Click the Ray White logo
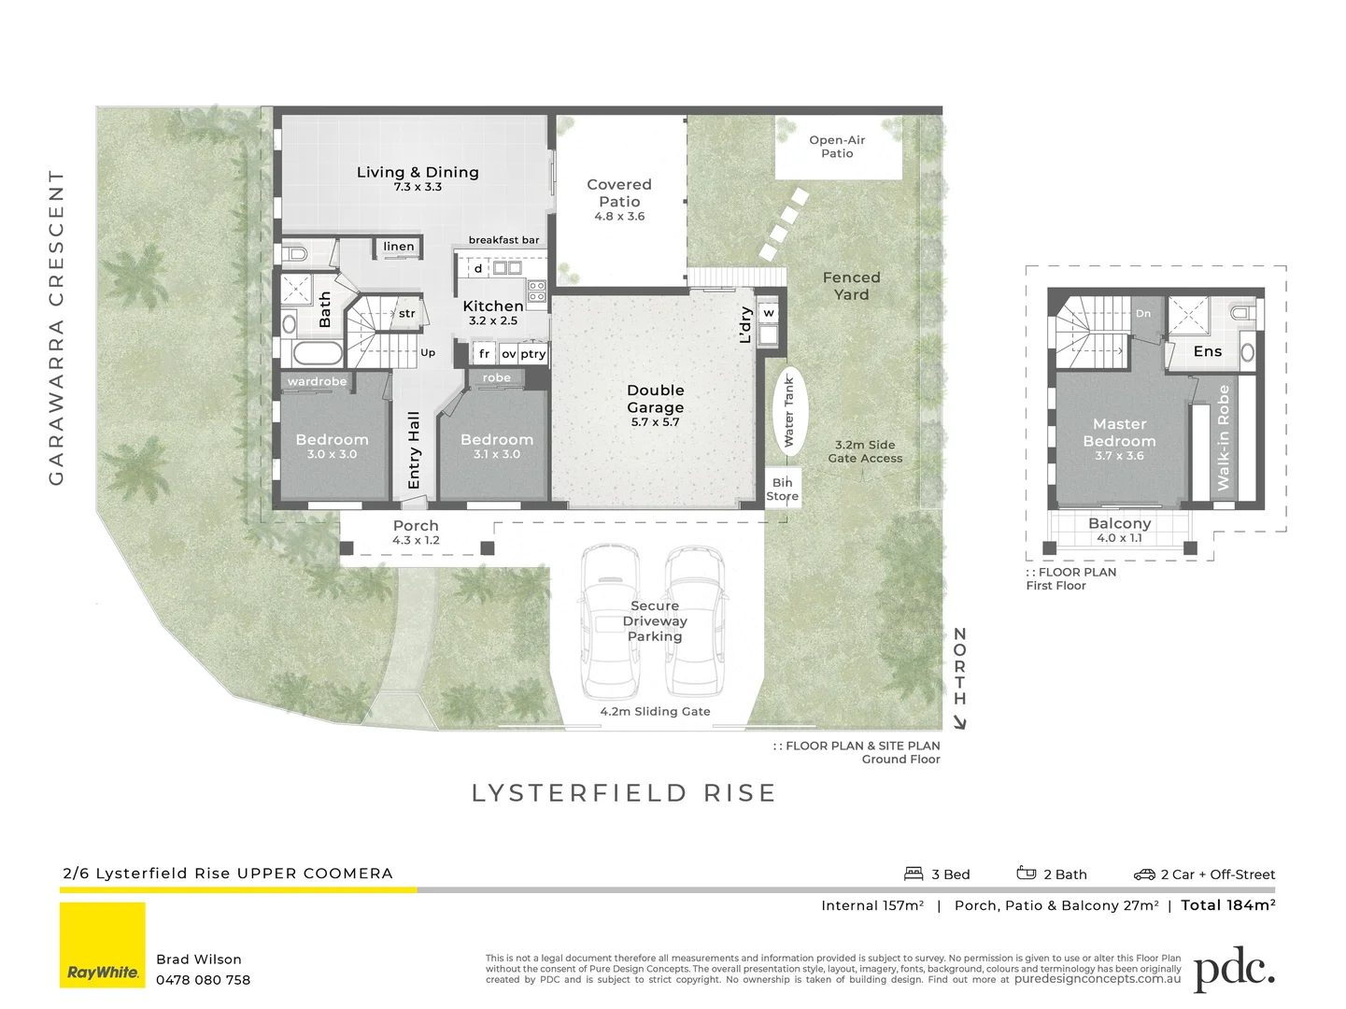[103, 945]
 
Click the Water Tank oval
[789, 411]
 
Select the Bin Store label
[782, 490]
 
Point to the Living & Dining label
[418, 173]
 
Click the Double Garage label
[655, 399]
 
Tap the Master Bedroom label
[1119, 433]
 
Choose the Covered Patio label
[619, 193]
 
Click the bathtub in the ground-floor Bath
[317, 353]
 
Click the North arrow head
[959, 722]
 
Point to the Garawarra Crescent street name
[57, 327]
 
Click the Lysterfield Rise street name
[623, 793]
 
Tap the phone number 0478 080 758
[203, 980]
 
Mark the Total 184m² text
[1227, 904]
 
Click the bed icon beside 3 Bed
[914, 874]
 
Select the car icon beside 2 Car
[1144, 874]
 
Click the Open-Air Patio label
[837, 147]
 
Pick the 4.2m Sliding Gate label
[655, 712]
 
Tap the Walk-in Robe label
[1224, 438]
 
